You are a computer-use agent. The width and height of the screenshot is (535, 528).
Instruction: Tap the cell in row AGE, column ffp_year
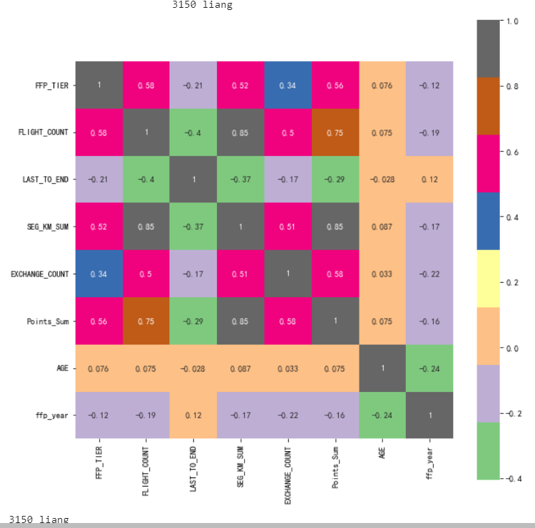coord(429,368)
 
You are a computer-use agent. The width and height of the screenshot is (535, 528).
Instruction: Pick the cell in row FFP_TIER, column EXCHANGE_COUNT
coord(287,86)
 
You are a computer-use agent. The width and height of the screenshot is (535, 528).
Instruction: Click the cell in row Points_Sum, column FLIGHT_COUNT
coord(146,321)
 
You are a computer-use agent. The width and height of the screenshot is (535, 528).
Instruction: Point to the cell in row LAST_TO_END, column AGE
coord(382,180)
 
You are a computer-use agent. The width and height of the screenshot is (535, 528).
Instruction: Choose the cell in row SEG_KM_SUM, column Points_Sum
coord(335,227)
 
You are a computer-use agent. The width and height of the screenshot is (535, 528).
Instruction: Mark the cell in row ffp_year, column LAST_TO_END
coord(193,415)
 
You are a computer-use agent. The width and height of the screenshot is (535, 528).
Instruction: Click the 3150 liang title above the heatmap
coord(203,5)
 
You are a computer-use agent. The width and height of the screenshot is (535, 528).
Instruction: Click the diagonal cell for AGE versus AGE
coord(382,368)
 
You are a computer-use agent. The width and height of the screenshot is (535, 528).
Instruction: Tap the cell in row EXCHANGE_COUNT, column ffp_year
coord(429,274)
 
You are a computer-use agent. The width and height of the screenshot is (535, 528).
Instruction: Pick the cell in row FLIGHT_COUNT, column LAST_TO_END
coord(193,133)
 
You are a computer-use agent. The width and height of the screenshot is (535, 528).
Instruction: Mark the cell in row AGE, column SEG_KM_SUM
coord(240,368)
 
